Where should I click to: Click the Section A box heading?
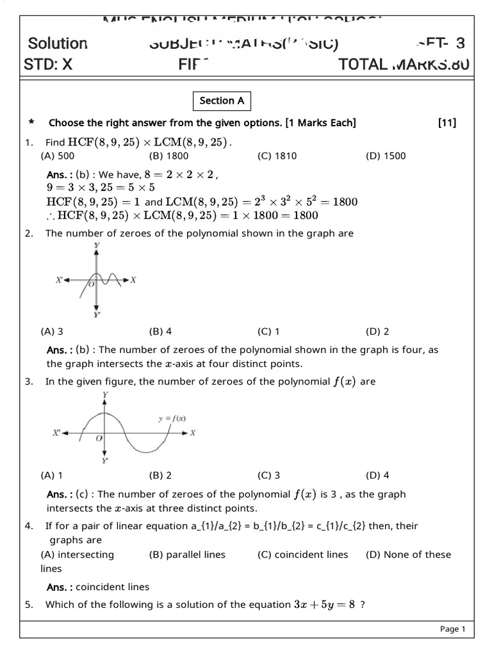pos(222,101)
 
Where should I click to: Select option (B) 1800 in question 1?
pos(168,156)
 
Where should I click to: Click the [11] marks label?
pos(447,123)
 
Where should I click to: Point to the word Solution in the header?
pos(58,44)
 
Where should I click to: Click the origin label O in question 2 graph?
pos(91,284)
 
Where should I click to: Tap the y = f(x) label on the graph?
pos(172,418)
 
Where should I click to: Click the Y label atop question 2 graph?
pos(96,245)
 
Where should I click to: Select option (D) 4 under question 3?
pos(377,475)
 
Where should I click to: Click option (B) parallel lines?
pos(187,555)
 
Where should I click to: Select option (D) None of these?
pos(408,555)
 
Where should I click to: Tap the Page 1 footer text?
pos(452,629)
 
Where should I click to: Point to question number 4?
pos(29,526)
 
